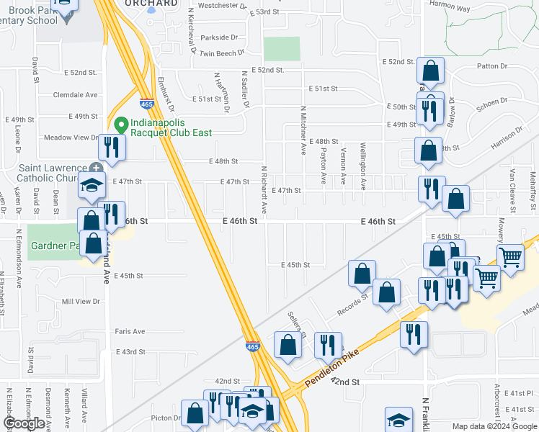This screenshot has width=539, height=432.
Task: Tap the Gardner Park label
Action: [x=53, y=246]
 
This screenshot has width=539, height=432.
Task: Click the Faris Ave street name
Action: [x=130, y=331]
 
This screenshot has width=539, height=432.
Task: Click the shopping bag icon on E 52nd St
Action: [x=430, y=71]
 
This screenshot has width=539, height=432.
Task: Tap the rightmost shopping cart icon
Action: [x=510, y=256]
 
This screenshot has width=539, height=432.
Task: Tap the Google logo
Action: [x=24, y=423]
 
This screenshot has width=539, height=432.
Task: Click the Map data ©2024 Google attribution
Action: [x=495, y=426]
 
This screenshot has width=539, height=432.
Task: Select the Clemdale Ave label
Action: [x=74, y=94]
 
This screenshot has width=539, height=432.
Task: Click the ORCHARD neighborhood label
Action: [x=151, y=4]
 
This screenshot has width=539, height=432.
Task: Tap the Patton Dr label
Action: [x=492, y=66]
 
